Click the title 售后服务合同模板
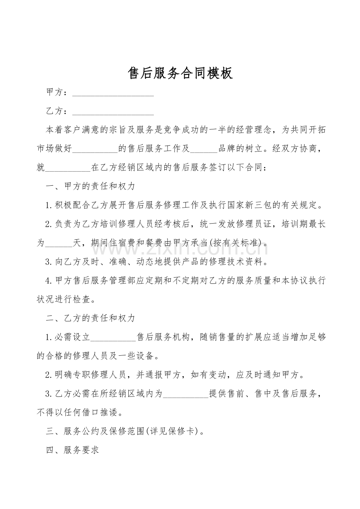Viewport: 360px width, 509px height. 180,73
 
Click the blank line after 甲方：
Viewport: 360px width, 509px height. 113,93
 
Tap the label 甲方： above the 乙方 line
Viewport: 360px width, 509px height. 57,92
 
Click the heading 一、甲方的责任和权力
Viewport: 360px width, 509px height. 90,186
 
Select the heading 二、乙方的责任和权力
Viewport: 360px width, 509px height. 90,318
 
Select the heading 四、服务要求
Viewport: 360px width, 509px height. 73,450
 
